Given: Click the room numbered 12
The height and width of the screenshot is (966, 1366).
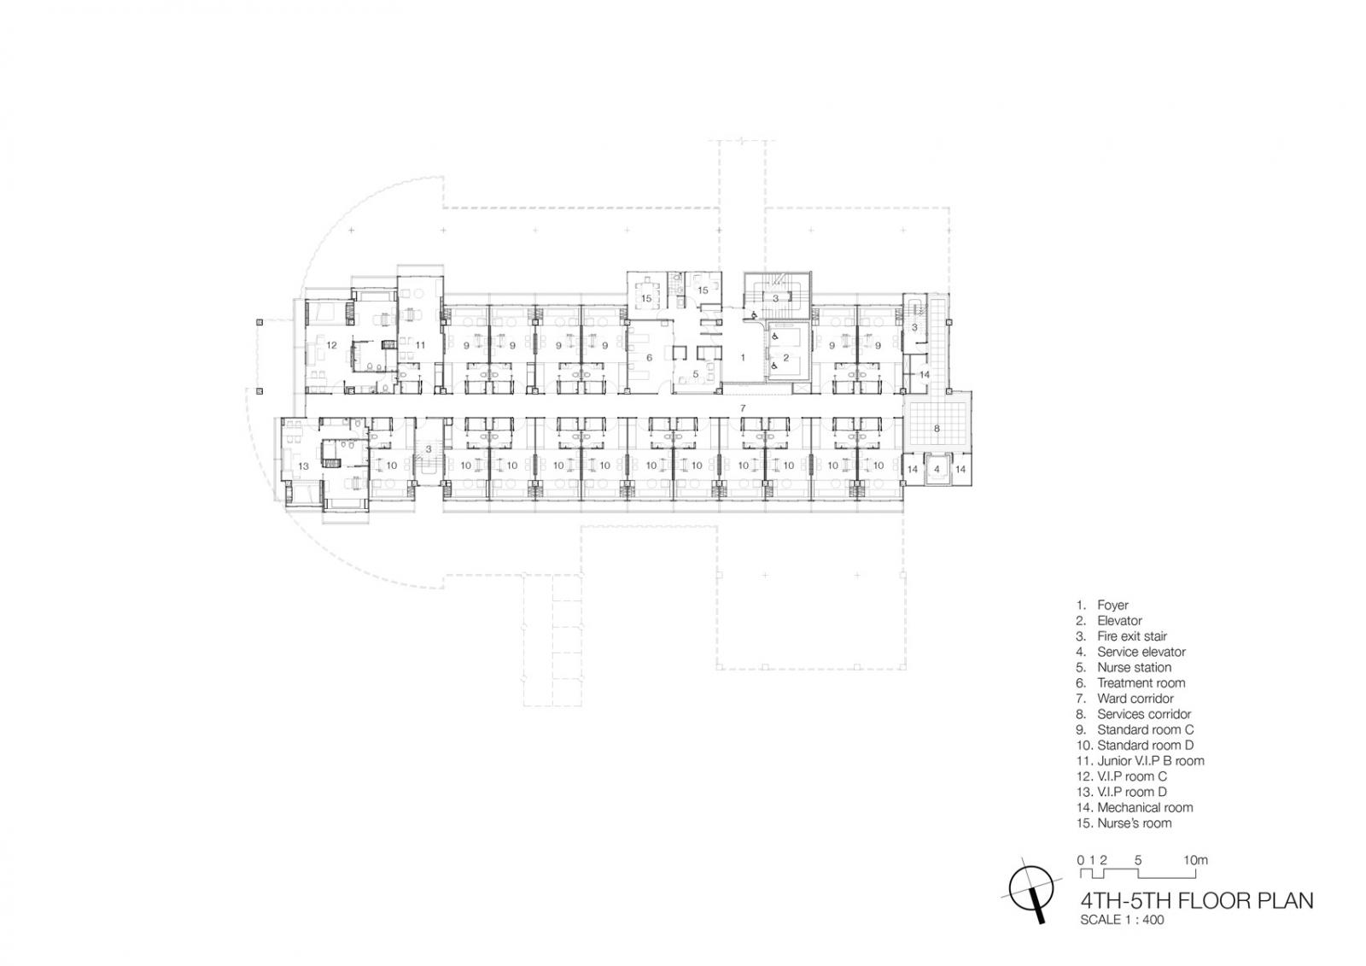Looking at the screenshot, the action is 331,345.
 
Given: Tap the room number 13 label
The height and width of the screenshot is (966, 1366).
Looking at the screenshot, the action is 303,466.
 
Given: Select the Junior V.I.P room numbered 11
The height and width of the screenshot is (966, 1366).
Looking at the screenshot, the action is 420,345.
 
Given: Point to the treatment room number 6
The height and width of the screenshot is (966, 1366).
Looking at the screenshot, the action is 649,358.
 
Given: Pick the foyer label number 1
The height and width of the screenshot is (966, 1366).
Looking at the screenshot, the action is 742,358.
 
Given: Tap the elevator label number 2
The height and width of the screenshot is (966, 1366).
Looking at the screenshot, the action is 786,358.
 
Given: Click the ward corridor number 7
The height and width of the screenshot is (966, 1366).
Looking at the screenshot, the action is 742,407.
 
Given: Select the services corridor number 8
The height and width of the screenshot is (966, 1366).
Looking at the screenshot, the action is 937,429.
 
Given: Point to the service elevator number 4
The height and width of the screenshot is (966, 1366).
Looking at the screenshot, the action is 937,469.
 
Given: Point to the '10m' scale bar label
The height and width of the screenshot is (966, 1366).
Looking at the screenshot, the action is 1195,860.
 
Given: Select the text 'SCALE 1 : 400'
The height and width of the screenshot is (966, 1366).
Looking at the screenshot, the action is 1122,920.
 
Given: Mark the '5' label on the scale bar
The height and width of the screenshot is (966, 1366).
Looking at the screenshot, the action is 1138,860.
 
